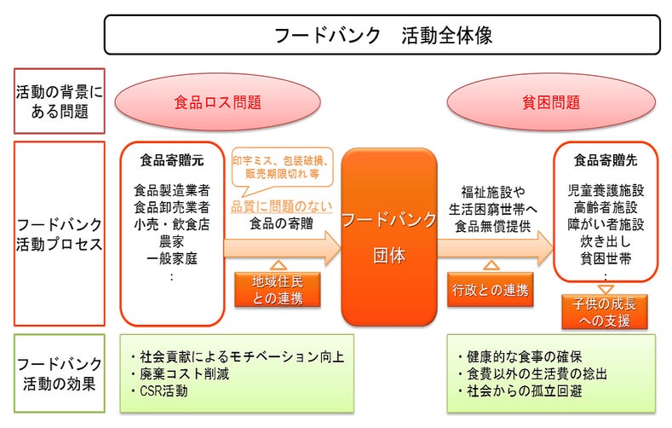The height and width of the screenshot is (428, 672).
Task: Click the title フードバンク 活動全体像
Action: [x=382, y=35]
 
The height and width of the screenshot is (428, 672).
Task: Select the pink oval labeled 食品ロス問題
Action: [x=217, y=102]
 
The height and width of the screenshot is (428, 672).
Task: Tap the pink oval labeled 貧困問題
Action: [x=551, y=102]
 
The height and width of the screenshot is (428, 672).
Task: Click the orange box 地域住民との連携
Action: [x=278, y=290]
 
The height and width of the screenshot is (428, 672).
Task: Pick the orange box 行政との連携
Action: [x=491, y=290]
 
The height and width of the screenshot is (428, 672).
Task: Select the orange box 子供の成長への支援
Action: [x=604, y=312]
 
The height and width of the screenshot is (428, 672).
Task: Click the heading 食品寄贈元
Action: [x=172, y=160]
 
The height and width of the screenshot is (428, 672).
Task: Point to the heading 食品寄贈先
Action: [x=606, y=160]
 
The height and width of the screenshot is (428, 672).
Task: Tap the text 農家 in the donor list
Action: [x=171, y=241]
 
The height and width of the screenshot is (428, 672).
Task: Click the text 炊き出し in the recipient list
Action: [x=606, y=241]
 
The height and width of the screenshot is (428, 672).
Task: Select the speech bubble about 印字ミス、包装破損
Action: [x=282, y=168]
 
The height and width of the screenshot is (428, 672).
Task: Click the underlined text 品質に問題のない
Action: [x=282, y=206]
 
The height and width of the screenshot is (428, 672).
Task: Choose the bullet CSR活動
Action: [x=159, y=390]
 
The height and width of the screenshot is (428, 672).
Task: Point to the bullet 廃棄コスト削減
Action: [x=180, y=373]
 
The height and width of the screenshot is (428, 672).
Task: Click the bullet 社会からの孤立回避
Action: [x=520, y=390]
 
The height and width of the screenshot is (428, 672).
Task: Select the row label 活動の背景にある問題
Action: [x=59, y=101]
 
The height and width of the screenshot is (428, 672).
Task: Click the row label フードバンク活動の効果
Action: [x=59, y=373]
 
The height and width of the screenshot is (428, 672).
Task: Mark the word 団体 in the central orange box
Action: [x=389, y=256]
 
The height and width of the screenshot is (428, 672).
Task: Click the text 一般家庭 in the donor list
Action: [x=171, y=258]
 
